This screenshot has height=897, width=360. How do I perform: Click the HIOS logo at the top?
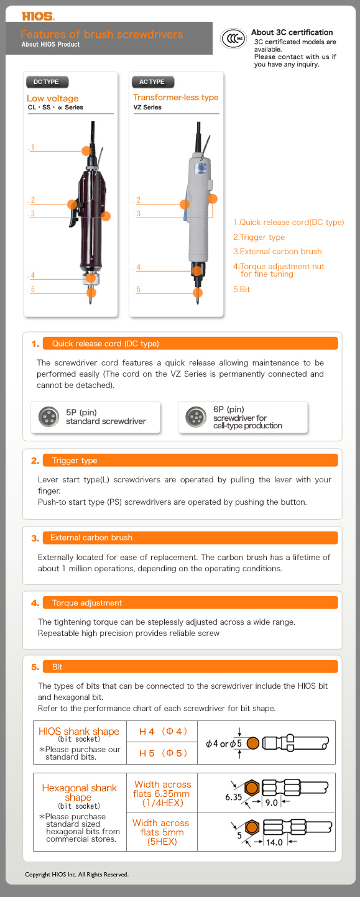tap(38, 16)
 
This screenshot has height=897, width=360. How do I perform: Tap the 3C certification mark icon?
tap(233, 39)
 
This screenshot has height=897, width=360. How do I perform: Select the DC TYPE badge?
tap(47, 81)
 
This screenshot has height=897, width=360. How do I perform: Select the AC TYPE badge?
tap(152, 81)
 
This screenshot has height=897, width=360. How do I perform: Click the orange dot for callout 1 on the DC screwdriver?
tap(86, 150)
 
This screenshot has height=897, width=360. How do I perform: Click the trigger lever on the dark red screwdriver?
tap(73, 217)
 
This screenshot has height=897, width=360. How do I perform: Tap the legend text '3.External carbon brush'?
tap(277, 252)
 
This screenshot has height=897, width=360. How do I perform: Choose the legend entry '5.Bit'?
tap(241, 289)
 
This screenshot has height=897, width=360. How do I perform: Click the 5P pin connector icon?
tap(48, 416)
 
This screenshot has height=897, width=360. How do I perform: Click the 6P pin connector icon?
tap(196, 417)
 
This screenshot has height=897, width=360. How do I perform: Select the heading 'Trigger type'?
tap(75, 461)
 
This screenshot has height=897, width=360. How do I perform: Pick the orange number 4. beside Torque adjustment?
tap(35, 603)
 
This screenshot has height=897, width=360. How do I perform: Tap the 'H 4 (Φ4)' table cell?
tap(162, 732)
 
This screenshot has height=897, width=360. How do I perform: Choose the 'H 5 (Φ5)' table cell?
tap(162, 753)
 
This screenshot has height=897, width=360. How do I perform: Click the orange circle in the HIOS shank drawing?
tap(253, 743)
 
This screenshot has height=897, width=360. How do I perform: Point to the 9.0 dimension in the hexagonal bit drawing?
tap(271, 803)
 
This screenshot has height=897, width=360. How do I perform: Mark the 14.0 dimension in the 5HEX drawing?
tap(274, 842)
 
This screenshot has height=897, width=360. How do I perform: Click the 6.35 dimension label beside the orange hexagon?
tap(233, 797)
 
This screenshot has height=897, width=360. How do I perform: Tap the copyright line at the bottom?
tap(77, 874)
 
